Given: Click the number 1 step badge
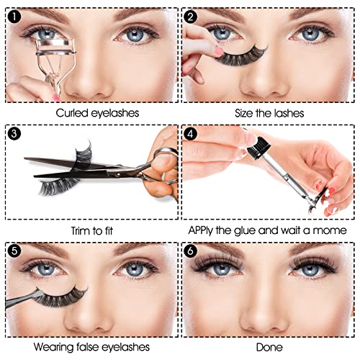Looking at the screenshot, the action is [x=14, y=17].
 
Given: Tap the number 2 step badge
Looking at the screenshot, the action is [x=190, y=17].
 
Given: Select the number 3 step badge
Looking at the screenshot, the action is [x=14, y=133].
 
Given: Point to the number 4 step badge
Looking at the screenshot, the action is [x=190, y=133].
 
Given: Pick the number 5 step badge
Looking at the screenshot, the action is [x=14, y=251].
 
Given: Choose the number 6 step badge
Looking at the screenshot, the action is [x=190, y=251].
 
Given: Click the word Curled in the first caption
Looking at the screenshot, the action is [x=72, y=113].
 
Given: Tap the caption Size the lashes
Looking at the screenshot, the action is [x=269, y=113].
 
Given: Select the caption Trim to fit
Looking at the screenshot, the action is [x=92, y=230].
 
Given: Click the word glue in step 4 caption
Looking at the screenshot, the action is [x=245, y=230].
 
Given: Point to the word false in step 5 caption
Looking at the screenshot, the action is [x=87, y=347].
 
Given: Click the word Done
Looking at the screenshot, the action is [x=269, y=347].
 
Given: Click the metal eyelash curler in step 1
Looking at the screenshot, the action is [x=56, y=63].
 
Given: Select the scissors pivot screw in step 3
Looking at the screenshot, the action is [x=117, y=174].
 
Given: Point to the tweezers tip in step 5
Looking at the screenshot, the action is [x=40, y=293].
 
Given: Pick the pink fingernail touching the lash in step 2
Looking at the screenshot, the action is [x=219, y=50].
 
